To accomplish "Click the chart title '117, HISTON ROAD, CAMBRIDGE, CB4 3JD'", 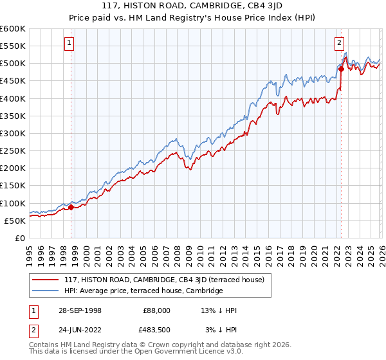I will (x=193, y=6).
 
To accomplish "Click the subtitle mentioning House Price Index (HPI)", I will (x=193, y=17).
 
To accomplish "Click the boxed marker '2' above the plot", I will (x=339, y=44).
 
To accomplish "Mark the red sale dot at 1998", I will (x=71, y=207).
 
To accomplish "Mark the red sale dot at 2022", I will (x=341, y=69).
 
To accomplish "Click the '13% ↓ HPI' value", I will (x=219, y=310).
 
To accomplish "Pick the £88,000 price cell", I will (x=157, y=310).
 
